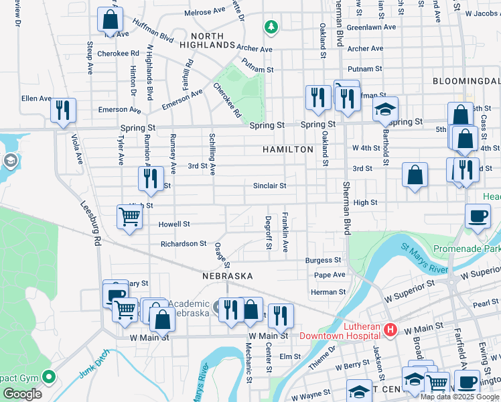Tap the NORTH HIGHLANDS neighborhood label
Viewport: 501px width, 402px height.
pyautogui.click(x=212, y=40)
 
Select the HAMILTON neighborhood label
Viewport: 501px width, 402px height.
pyautogui.click(x=287, y=149)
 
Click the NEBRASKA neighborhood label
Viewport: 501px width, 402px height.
pyautogui.click(x=228, y=276)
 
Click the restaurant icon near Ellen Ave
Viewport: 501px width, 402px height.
pyautogui.click(x=63, y=110)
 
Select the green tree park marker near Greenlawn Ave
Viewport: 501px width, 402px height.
pyautogui.click(x=271, y=27)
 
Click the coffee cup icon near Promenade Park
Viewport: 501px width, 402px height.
pyautogui.click(x=478, y=216)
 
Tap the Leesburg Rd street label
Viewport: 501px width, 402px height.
pyautogui.click(x=90, y=225)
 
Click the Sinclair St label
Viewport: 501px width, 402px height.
pyautogui.click(x=270, y=186)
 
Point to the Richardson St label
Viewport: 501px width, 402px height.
pyautogui.click(x=184, y=244)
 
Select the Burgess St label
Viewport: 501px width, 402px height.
pyautogui.click(x=323, y=260)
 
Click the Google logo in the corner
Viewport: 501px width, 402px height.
pyautogui.click(x=22, y=394)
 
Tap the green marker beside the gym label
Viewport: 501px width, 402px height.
pyautogui.click(x=48, y=377)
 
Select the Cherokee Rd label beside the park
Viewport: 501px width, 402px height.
pyautogui.click(x=227, y=100)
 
